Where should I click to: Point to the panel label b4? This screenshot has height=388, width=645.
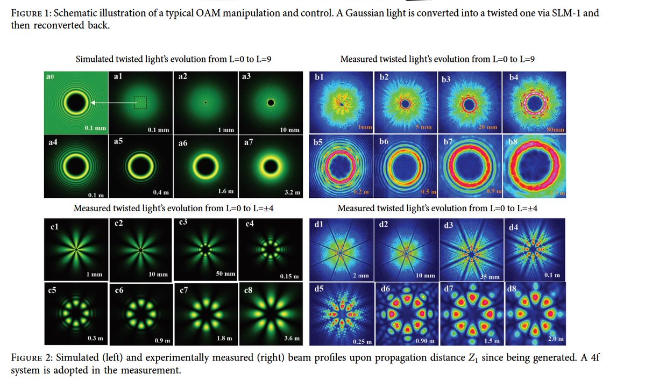pos(514,77)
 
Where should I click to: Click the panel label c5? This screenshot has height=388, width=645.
pos(52,290)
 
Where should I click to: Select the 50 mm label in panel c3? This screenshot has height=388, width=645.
pos(225,274)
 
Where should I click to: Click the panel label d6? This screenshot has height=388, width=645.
pos(385,289)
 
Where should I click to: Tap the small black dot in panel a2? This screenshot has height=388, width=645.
pos(205,102)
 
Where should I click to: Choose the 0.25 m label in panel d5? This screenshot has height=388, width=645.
pos(363,342)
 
